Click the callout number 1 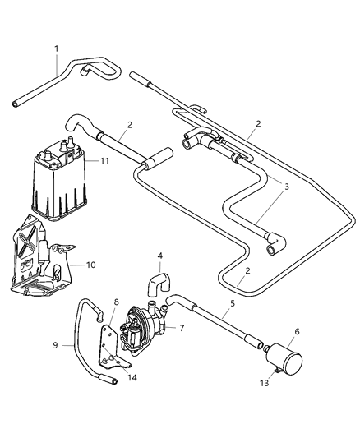56,48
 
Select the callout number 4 160,256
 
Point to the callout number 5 232,304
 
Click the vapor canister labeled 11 59,184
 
